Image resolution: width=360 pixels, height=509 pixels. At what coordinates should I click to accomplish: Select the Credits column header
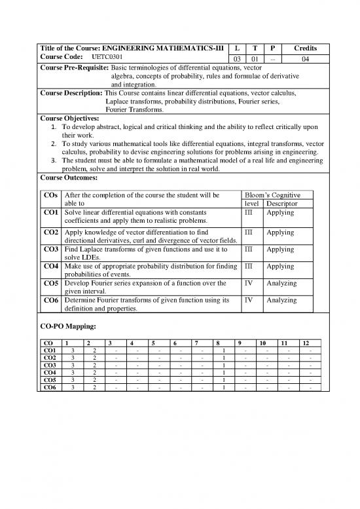305,48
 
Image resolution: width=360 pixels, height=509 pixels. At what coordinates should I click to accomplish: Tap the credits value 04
305,59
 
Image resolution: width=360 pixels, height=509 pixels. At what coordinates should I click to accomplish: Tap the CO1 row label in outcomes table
51,213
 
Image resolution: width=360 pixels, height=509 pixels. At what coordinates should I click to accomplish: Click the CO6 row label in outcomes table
51,300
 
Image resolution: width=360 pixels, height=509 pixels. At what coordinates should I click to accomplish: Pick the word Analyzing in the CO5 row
282,283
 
